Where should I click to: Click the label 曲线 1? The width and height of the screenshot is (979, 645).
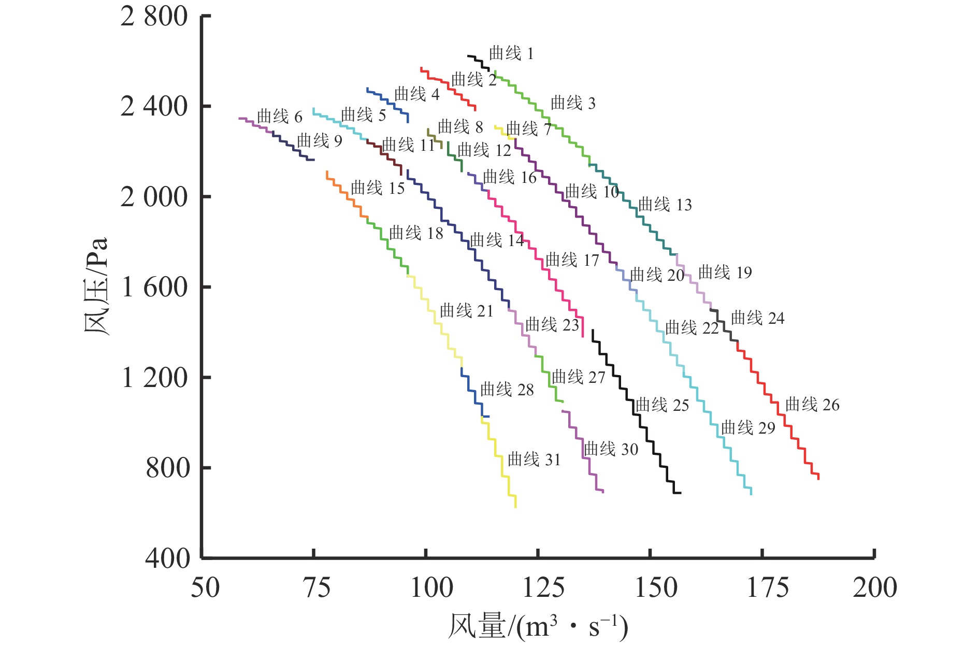pyautogui.click(x=511, y=53)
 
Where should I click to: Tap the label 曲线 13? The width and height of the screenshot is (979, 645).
pyautogui.click(x=665, y=205)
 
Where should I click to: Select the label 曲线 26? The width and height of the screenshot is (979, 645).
pyautogui.click(x=812, y=405)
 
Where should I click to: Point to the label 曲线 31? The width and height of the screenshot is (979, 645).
pyautogui.click(x=534, y=460)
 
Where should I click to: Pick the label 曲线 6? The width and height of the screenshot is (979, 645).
pyautogui.click(x=279, y=117)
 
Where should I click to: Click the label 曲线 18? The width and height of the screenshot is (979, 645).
pyautogui.click(x=416, y=233)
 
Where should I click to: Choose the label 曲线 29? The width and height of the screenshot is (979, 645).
pyautogui.click(x=748, y=428)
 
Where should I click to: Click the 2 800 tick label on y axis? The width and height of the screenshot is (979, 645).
pyautogui.click(x=154, y=17)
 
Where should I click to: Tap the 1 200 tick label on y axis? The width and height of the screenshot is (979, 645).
pyautogui.click(x=154, y=378)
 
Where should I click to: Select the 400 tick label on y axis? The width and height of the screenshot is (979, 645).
pyautogui.click(x=167, y=558)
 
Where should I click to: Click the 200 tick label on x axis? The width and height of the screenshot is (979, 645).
pyautogui.click(x=875, y=588)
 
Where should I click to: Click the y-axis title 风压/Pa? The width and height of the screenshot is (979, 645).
pyautogui.click(x=96, y=286)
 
